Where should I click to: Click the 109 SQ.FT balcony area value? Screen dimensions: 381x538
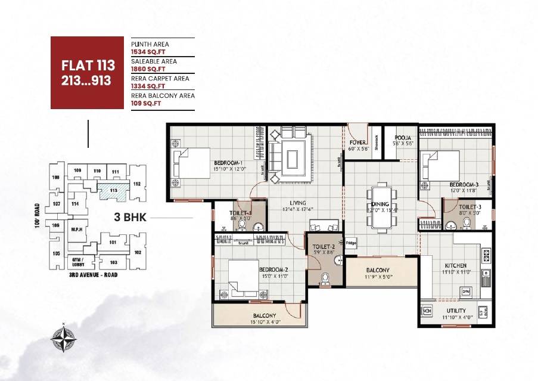(x=146, y=103)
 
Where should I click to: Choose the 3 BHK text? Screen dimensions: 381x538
(x=130, y=218)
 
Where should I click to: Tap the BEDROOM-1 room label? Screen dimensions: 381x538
(x=228, y=163)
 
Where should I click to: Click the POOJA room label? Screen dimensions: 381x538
(x=399, y=137)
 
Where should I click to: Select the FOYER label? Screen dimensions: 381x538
(x=357, y=143)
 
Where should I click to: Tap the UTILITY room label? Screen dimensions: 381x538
(x=456, y=311)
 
